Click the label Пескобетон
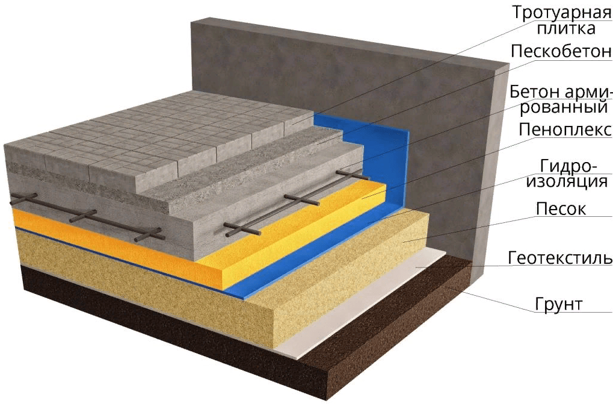point(561,51)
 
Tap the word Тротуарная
point(562,13)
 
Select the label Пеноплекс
point(565,130)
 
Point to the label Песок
point(561,208)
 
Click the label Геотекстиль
point(560,258)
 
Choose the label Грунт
point(559,304)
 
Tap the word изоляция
point(567,181)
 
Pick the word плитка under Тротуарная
point(566,28)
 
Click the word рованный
point(564,107)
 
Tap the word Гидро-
point(568,166)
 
